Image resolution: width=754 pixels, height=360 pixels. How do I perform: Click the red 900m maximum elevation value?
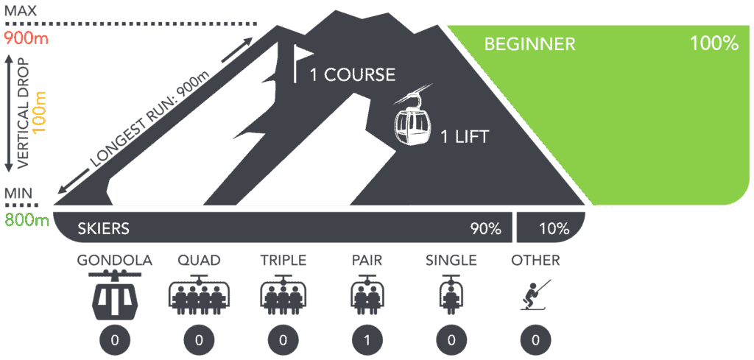point(26,38)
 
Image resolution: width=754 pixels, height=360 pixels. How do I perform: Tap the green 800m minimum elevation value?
point(26,219)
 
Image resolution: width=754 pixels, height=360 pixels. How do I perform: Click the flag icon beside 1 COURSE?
point(298,63)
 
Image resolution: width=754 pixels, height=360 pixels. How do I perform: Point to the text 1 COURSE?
point(352,75)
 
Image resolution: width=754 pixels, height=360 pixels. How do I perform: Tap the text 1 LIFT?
point(464,136)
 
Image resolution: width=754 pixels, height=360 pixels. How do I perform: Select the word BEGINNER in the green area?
point(529,44)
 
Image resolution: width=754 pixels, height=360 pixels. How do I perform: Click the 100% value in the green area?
point(714,44)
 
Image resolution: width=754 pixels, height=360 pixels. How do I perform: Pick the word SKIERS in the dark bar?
point(103,228)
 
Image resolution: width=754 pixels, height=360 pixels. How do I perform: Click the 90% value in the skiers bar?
point(486,228)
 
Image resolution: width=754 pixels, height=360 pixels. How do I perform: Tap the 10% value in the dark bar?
point(554,228)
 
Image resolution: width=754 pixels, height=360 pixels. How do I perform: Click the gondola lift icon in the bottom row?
point(115,295)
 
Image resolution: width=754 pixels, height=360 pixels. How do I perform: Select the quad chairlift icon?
point(200,295)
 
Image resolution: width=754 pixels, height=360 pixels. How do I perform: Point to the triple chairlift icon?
point(283,295)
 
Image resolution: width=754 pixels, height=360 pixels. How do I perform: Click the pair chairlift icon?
point(367,295)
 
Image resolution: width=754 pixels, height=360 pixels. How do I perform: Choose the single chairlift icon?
point(451,295)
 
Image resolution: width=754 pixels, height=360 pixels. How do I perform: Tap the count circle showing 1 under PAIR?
point(367,341)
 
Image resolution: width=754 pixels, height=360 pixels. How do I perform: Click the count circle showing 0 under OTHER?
point(535,341)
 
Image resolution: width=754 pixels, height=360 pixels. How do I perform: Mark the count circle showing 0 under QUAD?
point(200,341)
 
